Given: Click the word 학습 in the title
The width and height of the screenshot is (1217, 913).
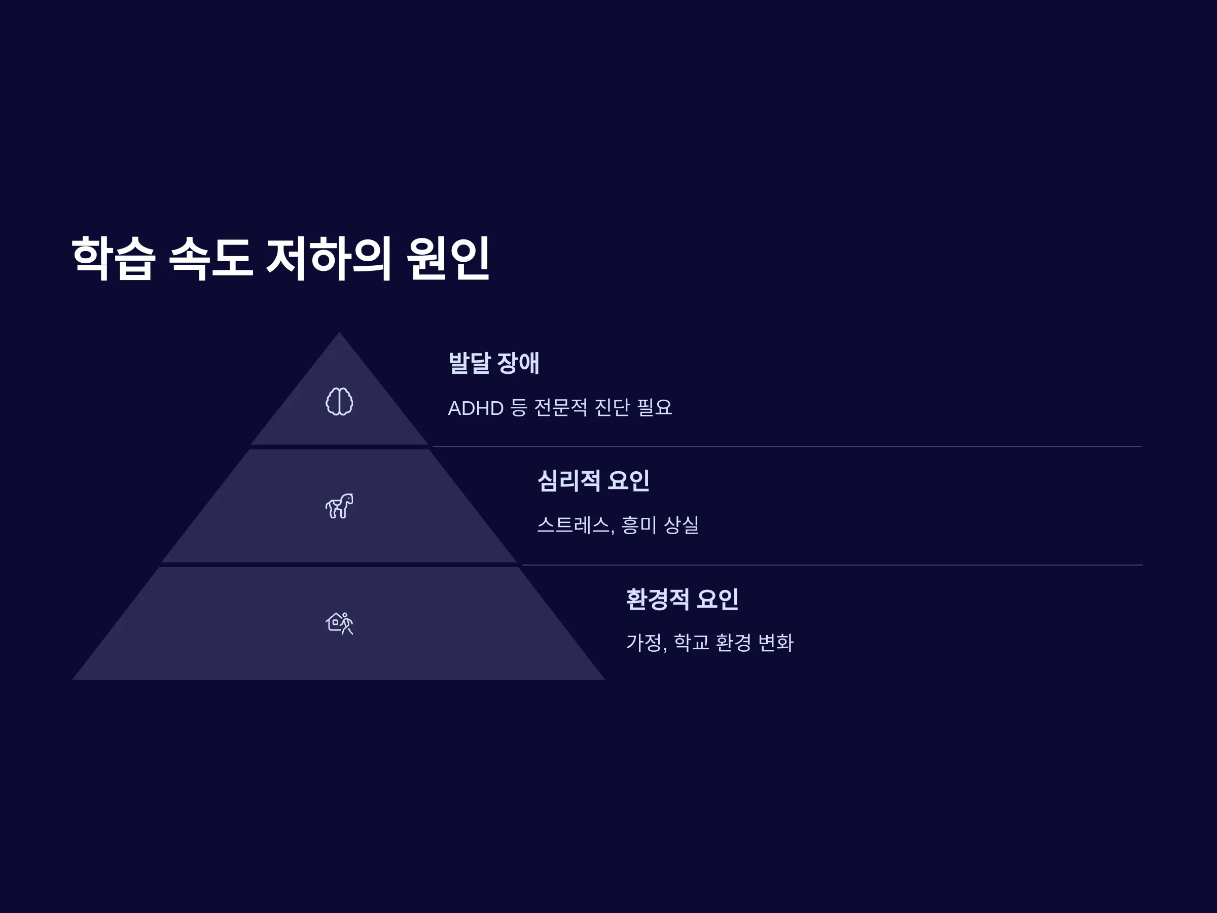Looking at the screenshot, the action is pos(114,259).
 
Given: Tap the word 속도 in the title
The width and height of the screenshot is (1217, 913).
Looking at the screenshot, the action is pos(211,259).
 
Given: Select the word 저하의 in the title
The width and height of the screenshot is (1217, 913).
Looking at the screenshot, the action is pos(329,259).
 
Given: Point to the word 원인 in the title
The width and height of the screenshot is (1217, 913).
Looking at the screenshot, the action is pos(448,259).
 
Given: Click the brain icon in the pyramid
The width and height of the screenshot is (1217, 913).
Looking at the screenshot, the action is pos(339,401).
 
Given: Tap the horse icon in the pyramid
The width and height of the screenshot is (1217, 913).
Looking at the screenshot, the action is pos(339,506).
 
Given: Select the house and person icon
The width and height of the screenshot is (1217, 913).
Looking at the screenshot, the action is pos(339,623).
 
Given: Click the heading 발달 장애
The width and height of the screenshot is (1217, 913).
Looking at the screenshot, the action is pos(494,363).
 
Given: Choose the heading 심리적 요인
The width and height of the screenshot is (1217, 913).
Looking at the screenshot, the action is pos(593,480).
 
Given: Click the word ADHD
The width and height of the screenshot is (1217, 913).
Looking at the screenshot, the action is pos(476,408).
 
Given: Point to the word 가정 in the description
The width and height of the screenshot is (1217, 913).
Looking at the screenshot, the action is pos(646,643).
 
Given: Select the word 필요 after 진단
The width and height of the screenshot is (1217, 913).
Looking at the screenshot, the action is pos(654,408).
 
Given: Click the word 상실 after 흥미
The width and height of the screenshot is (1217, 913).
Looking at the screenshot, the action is pos(681,525).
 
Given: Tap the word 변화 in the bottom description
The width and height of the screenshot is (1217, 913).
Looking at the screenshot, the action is pos(776,643).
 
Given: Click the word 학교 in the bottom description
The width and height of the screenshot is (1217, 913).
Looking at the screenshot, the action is pos(692,643).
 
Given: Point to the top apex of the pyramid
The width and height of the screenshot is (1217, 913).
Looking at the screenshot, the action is pos(339,332).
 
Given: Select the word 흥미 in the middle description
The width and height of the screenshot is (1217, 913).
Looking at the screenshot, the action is pos(639,525).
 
